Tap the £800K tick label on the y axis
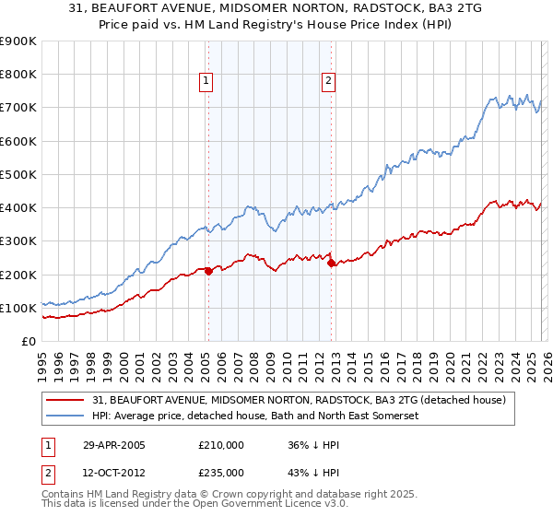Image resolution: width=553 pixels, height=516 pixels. click(x=18, y=75)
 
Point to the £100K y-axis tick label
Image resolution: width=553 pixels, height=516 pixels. click(x=18, y=308)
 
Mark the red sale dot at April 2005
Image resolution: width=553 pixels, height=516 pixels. click(x=208, y=271)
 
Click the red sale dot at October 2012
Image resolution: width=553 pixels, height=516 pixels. click(x=331, y=263)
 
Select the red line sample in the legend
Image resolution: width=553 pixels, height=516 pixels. click(x=66, y=401)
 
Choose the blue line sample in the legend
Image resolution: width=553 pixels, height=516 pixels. click(x=66, y=416)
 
